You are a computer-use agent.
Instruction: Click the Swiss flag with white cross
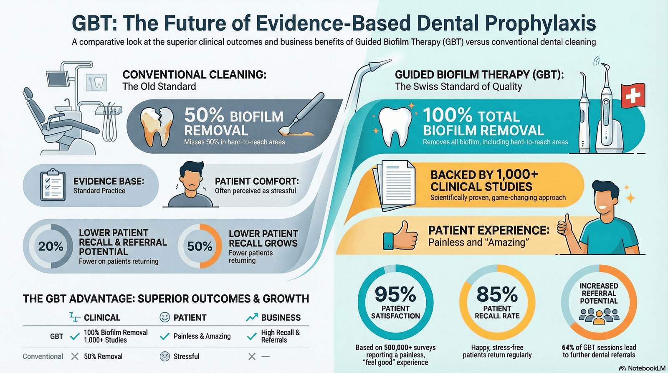click(633, 96)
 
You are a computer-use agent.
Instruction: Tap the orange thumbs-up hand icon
click(400, 236)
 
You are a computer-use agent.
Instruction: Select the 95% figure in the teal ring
click(395, 294)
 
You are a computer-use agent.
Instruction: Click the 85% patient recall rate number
click(497, 294)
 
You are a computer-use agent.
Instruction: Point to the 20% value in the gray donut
click(51, 246)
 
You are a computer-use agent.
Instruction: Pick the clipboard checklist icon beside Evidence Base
click(52, 185)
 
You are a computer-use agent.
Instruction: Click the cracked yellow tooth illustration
click(156, 127)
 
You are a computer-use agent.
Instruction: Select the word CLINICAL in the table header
click(102, 317)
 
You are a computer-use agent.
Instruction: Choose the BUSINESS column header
click(281, 317)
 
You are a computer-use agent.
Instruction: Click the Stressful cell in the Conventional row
click(186, 356)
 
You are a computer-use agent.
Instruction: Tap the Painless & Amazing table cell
click(202, 336)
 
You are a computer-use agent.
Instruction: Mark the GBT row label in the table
click(57, 336)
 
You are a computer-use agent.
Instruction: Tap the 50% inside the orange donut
click(200, 246)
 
